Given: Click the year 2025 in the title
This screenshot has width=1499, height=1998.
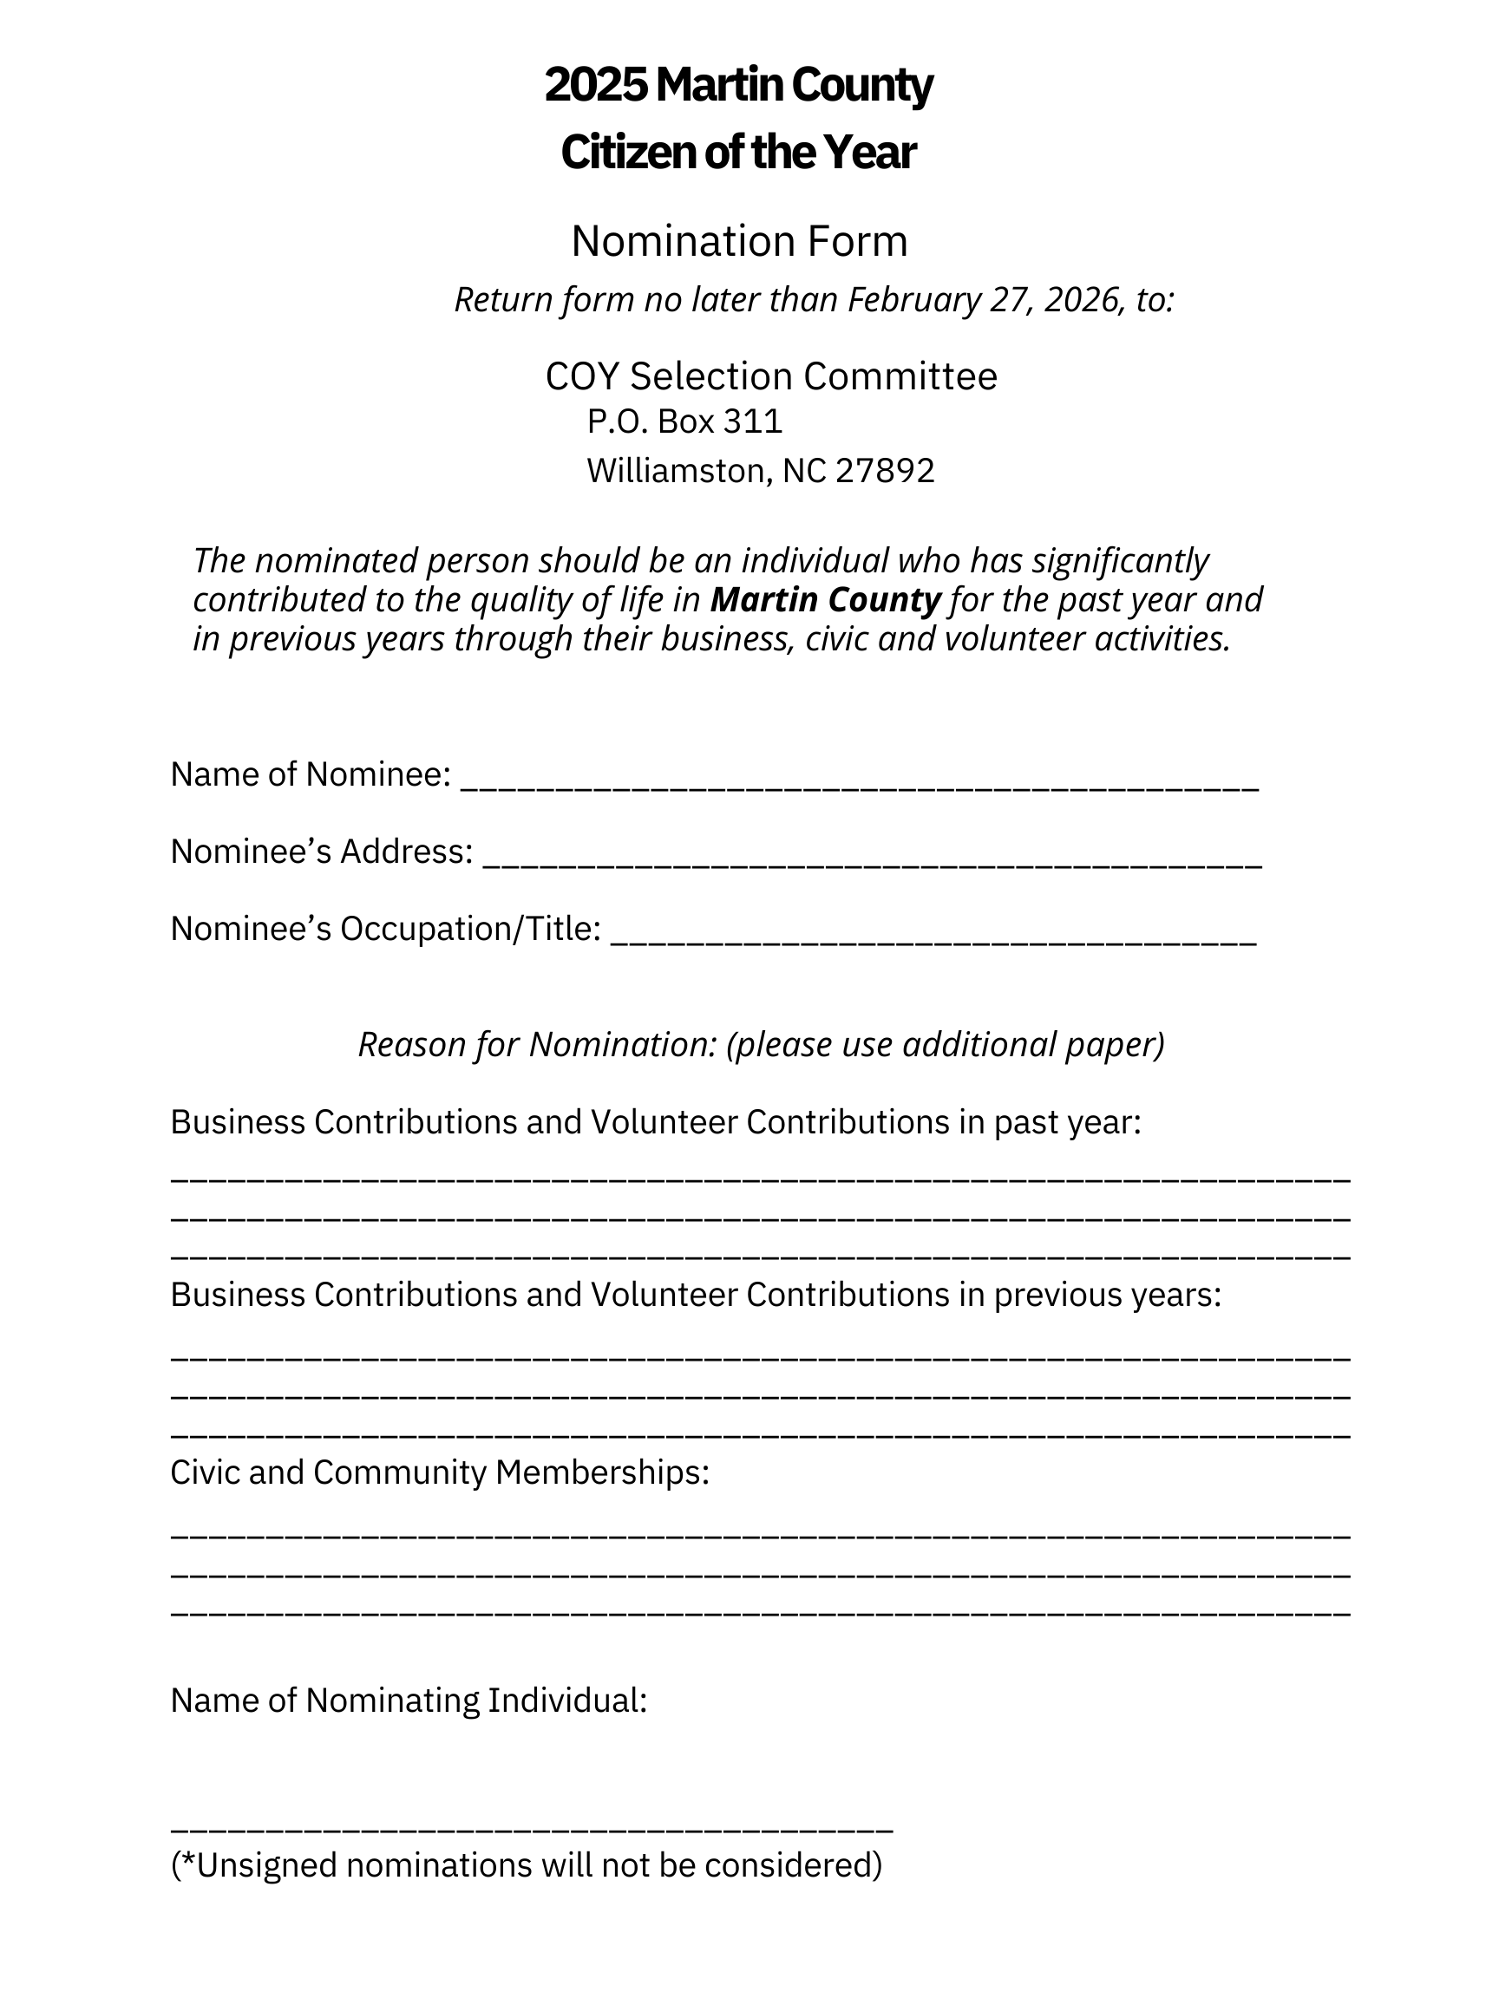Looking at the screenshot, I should pos(596,85).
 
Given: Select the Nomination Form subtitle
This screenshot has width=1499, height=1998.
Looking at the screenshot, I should pos(739,241).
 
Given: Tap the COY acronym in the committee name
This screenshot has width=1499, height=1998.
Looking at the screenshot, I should pos(582,376).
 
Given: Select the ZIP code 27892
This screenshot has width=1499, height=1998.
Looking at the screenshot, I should pos(885,471).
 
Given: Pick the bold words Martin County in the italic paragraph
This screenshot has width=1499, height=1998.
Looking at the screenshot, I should pos(825,600).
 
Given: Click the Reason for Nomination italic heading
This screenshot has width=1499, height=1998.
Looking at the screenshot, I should pos(761,1044).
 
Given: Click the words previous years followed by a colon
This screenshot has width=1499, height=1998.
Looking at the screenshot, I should pos(1107,1296).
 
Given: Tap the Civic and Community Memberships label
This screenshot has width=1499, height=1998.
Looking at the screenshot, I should pos(439,1472).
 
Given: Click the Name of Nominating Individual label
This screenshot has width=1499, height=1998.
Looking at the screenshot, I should pos(409,1701).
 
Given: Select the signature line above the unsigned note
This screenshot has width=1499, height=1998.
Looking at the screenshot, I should pos(531,1825).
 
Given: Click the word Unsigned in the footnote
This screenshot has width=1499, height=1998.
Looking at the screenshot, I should pos(266,1865).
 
